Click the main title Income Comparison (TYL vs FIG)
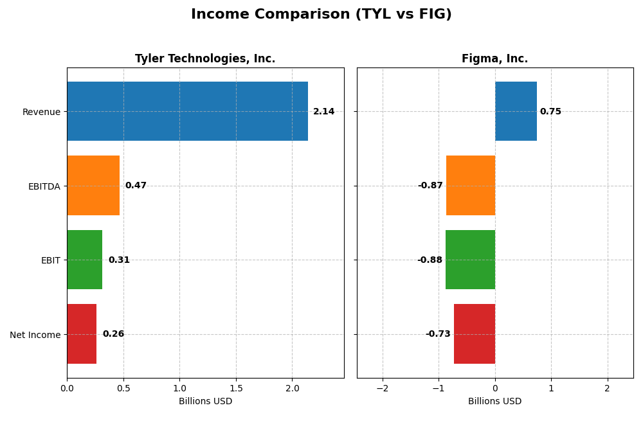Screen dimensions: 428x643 click(321, 14)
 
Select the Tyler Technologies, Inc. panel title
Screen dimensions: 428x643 click(205, 58)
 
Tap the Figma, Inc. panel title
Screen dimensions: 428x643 click(494, 58)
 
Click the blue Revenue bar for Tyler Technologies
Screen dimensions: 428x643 click(187, 111)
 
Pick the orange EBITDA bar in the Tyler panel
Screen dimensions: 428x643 click(93, 186)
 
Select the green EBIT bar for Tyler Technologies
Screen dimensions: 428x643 click(84, 260)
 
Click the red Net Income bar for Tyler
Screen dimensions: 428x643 click(82, 334)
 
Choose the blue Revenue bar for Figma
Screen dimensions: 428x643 click(516, 111)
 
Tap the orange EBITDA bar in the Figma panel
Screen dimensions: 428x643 click(471, 186)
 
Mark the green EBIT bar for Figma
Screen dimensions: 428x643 click(470, 260)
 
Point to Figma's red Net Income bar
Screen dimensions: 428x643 click(475, 334)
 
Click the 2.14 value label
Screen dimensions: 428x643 click(323, 112)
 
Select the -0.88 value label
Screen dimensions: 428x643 click(430, 260)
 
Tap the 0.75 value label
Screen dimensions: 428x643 click(550, 112)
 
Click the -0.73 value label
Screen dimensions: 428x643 click(438, 334)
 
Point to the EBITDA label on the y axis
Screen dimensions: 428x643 click(44, 186)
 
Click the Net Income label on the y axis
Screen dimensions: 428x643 click(35, 335)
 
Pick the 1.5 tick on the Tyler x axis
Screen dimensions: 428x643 click(236, 389)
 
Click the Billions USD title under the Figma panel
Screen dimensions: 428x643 click(494, 402)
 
